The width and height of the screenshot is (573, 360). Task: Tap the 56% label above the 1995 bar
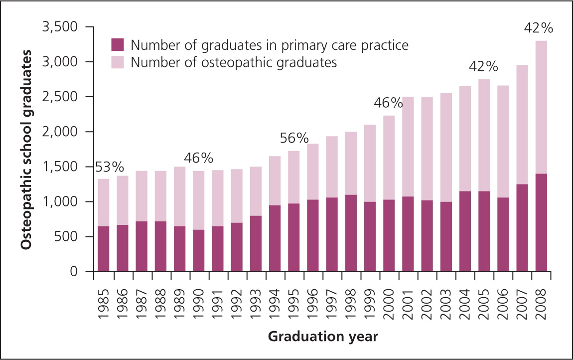(x=294, y=139)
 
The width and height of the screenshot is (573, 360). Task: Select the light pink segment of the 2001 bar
(x=408, y=150)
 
